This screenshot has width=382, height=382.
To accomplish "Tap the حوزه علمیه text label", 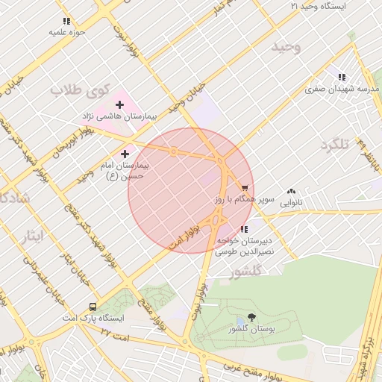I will tap(68, 32).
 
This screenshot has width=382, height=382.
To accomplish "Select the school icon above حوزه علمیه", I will tap(67, 21).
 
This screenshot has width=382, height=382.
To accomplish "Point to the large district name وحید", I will tap(286, 47).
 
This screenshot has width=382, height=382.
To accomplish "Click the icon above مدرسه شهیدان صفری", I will tap(342, 77).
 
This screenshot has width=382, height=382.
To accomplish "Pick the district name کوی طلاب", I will tap(75, 90).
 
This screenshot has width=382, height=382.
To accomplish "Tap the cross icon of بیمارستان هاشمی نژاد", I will tap(119, 104).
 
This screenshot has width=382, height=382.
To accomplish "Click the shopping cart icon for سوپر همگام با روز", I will tap(245, 188).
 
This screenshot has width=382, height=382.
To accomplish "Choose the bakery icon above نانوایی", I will tap(290, 192).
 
